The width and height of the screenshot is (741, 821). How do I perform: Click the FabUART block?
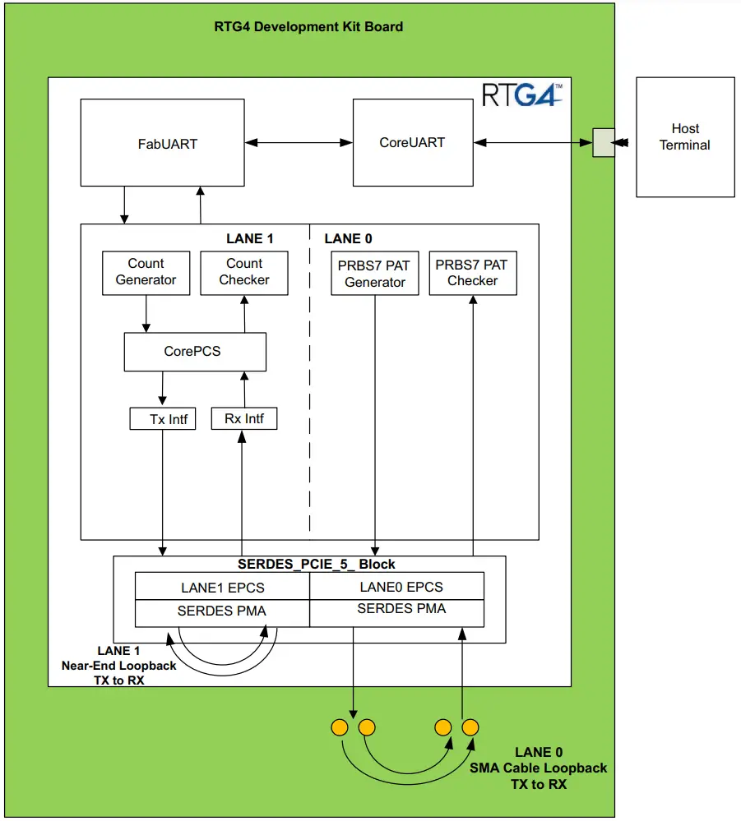(x=162, y=142)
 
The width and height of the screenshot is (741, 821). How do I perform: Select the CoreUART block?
(x=412, y=142)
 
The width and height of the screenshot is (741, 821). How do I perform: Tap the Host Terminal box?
(x=685, y=137)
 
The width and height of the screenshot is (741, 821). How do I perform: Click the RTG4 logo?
(x=522, y=95)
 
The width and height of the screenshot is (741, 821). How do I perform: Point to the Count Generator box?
(x=146, y=273)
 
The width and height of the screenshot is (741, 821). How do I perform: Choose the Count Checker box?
(x=244, y=273)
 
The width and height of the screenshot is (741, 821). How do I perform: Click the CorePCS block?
(x=195, y=351)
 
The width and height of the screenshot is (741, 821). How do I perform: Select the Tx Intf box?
(x=163, y=419)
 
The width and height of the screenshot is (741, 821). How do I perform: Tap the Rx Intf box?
(x=243, y=418)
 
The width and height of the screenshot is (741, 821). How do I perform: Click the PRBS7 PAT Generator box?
(x=375, y=274)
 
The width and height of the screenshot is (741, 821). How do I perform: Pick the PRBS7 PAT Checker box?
(x=473, y=274)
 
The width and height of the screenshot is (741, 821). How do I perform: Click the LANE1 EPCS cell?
(x=222, y=588)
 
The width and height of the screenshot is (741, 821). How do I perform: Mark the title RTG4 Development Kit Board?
(x=309, y=26)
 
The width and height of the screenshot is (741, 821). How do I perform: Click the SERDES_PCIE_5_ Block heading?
(x=316, y=564)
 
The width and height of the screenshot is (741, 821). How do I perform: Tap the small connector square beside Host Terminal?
(x=603, y=142)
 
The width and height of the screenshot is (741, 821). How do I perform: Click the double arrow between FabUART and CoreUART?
(x=299, y=142)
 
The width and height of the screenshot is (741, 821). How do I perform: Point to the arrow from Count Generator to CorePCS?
(x=146, y=314)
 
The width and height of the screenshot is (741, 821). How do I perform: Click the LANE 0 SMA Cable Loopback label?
(x=539, y=768)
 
